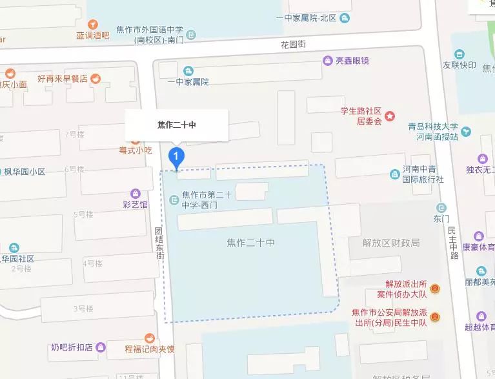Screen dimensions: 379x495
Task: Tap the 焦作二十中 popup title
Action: [x=177, y=125]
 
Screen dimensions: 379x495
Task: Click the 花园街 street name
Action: [x=292, y=45]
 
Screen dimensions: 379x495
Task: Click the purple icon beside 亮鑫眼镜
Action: [x=328, y=61]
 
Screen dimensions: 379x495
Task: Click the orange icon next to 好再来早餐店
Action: [x=96, y=79]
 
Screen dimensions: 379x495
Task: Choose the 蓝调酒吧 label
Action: [x=92, y=36]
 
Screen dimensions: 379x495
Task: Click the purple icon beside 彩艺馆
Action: [x=136, y=193]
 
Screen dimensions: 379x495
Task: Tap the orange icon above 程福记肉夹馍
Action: [x=150, y=338]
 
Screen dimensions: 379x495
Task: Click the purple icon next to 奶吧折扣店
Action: [x=101, y=347]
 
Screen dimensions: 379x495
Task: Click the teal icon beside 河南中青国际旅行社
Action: [x=395, y=174]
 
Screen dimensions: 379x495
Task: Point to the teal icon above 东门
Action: [x=441, y=208]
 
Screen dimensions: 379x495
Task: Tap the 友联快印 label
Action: [x=459, y=66]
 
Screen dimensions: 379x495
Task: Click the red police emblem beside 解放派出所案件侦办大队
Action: [x=436, y=288]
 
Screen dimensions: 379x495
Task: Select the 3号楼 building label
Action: [x=83, y=309]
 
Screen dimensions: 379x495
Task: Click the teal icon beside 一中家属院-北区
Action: [x=346, y=18]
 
